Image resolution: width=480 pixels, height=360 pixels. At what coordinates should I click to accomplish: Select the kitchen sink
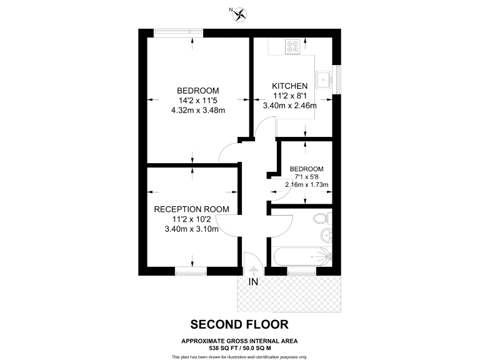coord(323,79)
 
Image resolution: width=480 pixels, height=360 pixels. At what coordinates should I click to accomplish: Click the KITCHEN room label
coord(289,86)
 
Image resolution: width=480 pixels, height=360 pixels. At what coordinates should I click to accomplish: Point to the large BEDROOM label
coord(197,90)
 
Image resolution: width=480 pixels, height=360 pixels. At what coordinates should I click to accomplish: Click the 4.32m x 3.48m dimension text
coord(197,110)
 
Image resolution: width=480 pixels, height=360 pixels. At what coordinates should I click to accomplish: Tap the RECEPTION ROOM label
coord(191,209)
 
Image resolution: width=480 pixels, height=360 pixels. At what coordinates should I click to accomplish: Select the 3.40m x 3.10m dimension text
coord(191,229)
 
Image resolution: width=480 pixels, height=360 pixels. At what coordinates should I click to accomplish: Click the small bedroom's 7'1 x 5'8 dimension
coord(306,177)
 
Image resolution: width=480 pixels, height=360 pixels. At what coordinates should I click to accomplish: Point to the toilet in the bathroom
coord(322,218)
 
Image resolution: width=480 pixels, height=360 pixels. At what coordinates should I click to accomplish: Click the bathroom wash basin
coord(326,235)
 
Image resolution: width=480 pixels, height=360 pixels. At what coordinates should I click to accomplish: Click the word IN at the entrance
coord(254,282)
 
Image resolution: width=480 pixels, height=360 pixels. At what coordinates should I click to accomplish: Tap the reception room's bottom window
coord(191,271)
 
